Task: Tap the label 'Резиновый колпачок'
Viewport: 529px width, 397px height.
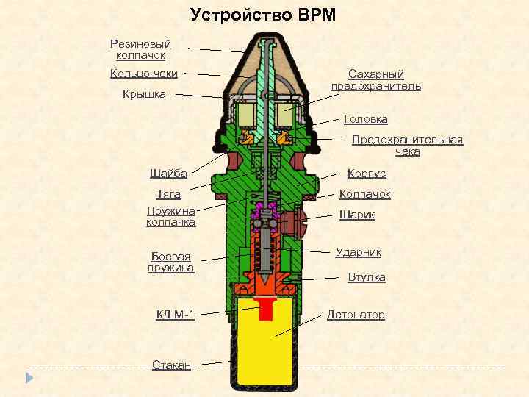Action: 140,49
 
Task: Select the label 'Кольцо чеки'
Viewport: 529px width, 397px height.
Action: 143,72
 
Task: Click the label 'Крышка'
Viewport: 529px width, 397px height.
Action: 145,94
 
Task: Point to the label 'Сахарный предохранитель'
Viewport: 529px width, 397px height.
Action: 375,80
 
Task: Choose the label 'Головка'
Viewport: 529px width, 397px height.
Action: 366,118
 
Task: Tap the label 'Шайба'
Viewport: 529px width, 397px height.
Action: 168,174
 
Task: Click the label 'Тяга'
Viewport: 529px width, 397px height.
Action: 170,195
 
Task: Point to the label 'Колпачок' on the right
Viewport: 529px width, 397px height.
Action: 364,194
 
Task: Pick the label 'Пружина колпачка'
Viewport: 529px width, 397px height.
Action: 170,216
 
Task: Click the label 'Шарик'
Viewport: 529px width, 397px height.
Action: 357,215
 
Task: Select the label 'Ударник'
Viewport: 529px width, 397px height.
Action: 358,252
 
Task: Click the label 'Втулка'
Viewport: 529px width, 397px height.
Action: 366,277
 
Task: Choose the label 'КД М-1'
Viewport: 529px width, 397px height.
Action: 176,315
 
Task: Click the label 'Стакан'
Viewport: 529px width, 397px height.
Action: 172,365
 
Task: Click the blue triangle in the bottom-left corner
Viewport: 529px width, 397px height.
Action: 29,378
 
